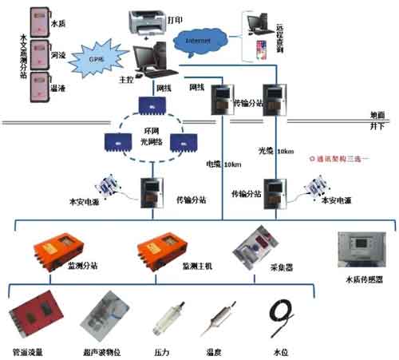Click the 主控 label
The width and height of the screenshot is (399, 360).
point(123,80)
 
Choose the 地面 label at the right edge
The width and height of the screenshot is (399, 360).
point(373,115)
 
